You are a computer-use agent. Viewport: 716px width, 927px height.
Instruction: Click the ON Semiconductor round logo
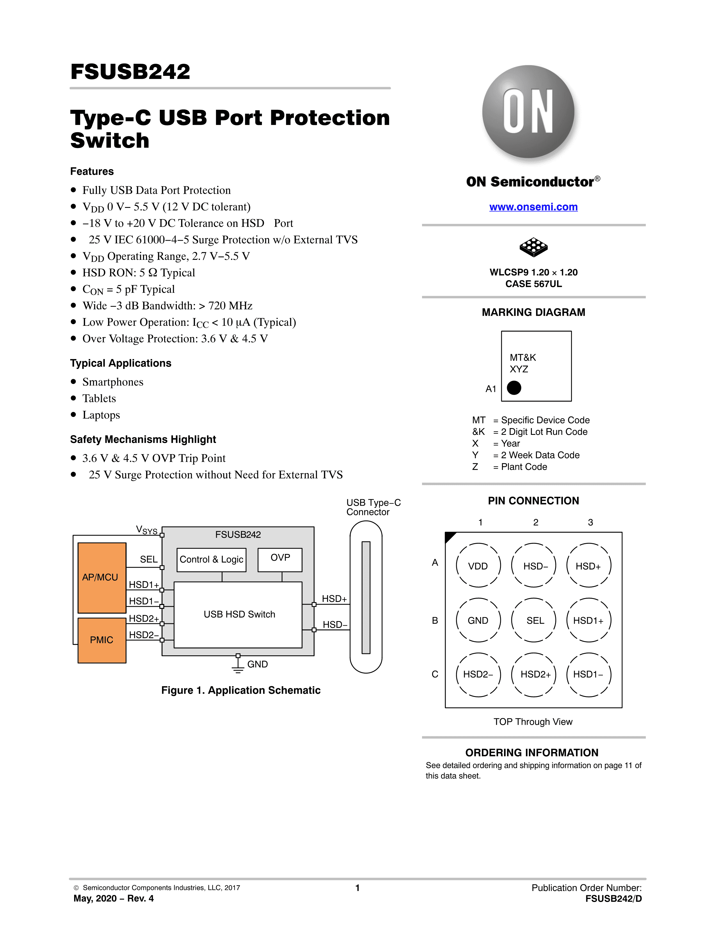click(528, 112)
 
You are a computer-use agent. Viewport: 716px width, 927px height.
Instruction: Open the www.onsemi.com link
click(533, 207)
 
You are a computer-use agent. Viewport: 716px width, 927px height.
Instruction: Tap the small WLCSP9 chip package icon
click(533, 247)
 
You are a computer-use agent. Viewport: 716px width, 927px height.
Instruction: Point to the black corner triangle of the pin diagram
click(449, 536)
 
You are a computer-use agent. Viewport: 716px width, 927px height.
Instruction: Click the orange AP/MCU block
click(102, 578)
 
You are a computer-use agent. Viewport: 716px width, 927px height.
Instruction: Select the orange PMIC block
click(102, 640)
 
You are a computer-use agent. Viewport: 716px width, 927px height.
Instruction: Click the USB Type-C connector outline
click(350, 597)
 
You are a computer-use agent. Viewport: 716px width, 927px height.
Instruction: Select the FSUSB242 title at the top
click(130, 71)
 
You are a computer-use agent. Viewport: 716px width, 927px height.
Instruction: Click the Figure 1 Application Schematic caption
click(241, 690)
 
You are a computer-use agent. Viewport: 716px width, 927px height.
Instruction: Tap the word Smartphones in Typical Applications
click(113, 382)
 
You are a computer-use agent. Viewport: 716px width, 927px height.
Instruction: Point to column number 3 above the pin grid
click(590, 522)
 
